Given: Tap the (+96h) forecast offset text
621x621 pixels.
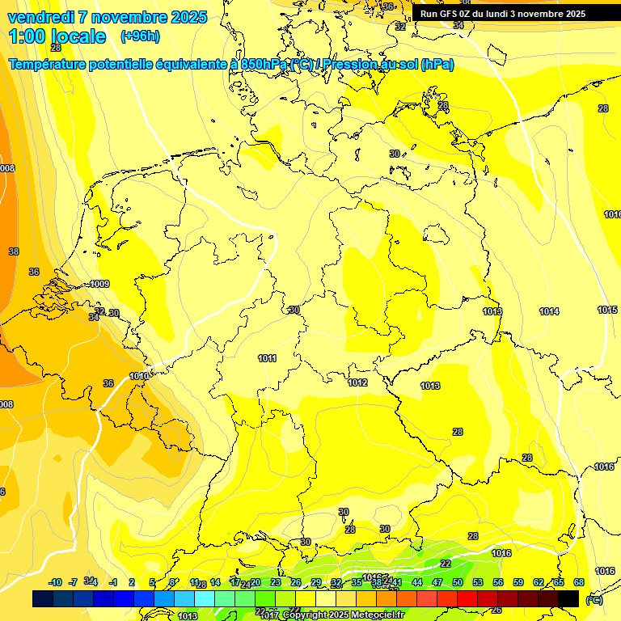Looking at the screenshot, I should tap(140, 36).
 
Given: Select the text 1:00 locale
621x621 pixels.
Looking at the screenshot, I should tap(57, 36).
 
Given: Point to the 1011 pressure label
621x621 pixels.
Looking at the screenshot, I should tap(267, 358).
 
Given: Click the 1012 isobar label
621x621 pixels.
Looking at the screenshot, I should tap(357, 382).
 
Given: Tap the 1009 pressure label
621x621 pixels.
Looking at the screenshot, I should tap(100, 284).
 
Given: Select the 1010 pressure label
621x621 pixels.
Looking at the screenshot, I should tap(139, 376).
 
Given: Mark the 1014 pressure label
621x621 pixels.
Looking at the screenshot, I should tap(549, 311).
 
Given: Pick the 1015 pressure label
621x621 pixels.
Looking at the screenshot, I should tap(607, 310).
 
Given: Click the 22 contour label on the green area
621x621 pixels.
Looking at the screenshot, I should tap(446, 564).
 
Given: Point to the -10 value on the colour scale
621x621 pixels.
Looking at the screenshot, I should tap(55, 582).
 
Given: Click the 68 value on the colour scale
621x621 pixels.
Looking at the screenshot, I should tap(579, 582).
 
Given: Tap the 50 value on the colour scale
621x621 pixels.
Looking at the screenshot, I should tap(458, 582).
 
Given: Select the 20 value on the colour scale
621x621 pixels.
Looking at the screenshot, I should tap(256, 582).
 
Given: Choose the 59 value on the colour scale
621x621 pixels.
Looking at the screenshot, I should tap(518, 582).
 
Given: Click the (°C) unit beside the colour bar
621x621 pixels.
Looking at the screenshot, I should tap(594, 599).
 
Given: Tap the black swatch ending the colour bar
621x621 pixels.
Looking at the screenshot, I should tap(568, 598).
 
